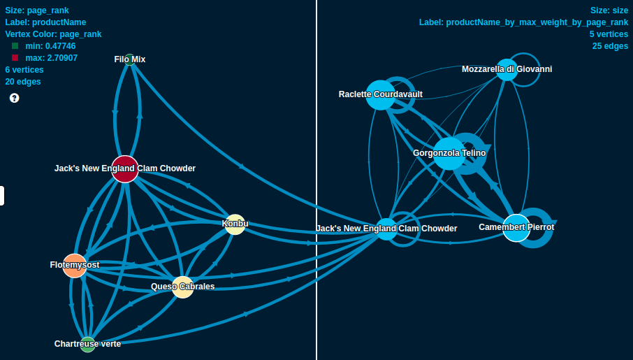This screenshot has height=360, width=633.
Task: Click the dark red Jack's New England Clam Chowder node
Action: pyautogui.click(x=125, y=169)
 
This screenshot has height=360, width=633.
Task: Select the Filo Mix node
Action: pyautogui.click(x=129, y=59)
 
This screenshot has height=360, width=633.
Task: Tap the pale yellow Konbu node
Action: pyautogui.click(x=235, y=224)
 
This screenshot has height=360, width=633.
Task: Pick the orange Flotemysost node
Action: pyautogui.click(x=75, y=266)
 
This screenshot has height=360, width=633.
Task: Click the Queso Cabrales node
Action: pyautogui.click(x=182, y=287)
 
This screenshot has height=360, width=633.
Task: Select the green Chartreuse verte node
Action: pyautogui.click(x=87, y=344)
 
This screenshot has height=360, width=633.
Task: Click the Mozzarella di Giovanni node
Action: pyautogui.click(x=507, y=69)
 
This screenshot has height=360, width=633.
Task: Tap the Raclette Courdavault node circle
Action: pyautogui.click(x=380, y=95)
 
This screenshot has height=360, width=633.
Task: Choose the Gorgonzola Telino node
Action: pyautogui.click(x=449, y=154)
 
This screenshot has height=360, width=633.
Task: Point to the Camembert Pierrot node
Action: pyautogui.click(x=516, y=228)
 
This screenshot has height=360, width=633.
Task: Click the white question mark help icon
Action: pyautogui.click(x=14, y=98)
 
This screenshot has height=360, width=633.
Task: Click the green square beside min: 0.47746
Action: pyautogui.click(x=15, y=46)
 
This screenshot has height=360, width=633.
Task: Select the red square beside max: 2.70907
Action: pyautogui.click(x=15, y=58)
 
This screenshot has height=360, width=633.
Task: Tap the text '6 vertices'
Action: pyautogui.click(x=24, y=70)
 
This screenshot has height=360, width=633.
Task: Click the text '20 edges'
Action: pyautogui.click(x=23, y=82)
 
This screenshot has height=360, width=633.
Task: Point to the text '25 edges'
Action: pyautogui.click(x=610, y=46)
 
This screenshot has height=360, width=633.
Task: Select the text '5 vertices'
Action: pyautogui.click(x=609, y=34)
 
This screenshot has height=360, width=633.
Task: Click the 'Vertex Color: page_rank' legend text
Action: pyautogui.click(x=53, y=34)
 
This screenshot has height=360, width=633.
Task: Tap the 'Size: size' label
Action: pyautogui.click(x=609, y=10)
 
